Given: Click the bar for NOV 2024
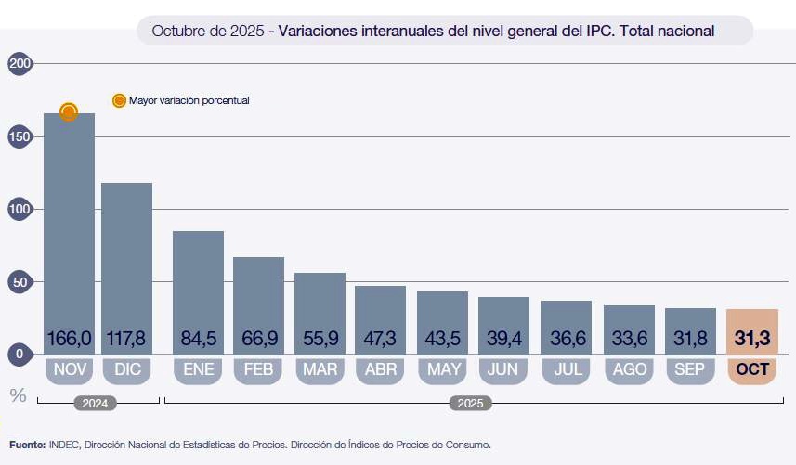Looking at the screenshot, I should (x=70, y=232).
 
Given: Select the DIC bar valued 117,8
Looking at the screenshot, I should (x=126, y=265).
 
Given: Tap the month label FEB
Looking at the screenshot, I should (x=257, y=369).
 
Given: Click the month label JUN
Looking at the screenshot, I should (x=502, y=369).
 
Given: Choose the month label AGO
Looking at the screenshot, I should (x=629, y=369).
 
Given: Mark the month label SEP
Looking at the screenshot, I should (x=690, y=369).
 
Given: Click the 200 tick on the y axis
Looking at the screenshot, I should (x=20, y=63).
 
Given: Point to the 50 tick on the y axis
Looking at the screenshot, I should (x=20, y=281).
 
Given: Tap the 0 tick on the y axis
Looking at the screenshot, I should (x=20, y=354).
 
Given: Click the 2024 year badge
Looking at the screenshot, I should (x=98, y=404).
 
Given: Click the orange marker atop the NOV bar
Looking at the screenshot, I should (x=69, y=112).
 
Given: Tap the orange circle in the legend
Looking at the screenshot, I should (x=119, y=100).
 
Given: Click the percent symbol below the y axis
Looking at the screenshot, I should (x=18, y=395).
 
